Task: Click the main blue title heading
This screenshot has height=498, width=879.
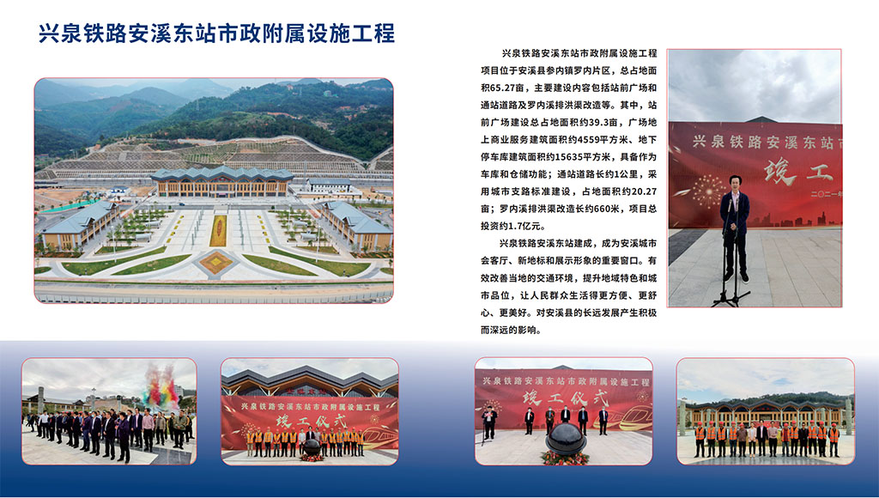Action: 216,33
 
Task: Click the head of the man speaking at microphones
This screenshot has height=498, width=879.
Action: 735,182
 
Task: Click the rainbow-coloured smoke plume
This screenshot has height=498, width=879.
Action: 161,386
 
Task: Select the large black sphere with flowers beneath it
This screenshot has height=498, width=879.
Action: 566,439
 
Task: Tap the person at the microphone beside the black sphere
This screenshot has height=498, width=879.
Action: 489,422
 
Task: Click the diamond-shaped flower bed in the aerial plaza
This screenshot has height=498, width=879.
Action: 215,261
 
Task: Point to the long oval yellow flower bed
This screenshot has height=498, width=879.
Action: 219,230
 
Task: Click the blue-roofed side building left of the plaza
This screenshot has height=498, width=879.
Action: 80,225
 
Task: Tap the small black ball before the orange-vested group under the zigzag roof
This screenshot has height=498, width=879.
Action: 311,447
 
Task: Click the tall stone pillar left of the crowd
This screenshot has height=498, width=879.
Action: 40,399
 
